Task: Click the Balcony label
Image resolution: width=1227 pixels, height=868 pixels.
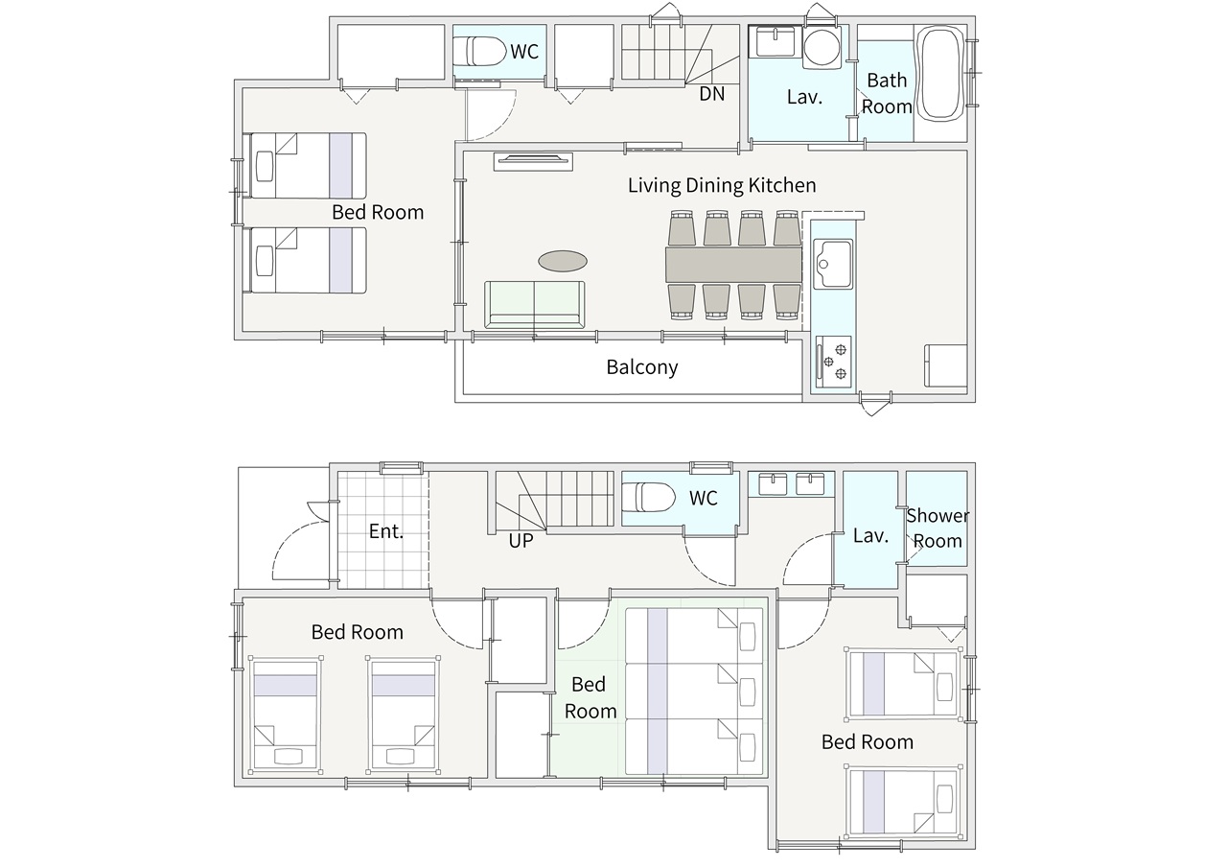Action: [642, 367]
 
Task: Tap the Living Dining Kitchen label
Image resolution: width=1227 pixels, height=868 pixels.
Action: [722, 185]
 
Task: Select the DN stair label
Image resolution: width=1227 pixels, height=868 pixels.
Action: [711, 94]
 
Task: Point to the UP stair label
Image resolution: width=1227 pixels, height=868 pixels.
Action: [521, 541]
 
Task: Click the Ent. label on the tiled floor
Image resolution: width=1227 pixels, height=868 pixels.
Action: [386, 531]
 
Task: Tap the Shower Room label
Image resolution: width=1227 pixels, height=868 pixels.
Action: [938, 528]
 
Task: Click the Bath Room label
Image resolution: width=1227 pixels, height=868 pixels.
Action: [887, 93]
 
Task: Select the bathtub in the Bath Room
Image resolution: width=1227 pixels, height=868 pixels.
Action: [942, 73]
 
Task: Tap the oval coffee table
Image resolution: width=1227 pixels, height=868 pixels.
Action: [563, 261]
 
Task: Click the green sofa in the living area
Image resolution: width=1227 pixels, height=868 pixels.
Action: [535, 305]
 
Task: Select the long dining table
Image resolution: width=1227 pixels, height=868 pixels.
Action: [734, 266]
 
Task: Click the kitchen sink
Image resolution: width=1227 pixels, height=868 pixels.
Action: [833, 264]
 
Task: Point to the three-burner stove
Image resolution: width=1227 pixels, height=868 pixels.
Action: [834, 362]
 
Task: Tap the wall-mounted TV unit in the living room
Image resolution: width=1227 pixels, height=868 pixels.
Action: [533, 162]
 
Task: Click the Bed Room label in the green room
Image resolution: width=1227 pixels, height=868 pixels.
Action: [590, 697]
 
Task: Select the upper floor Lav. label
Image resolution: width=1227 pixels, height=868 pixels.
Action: [804, 97]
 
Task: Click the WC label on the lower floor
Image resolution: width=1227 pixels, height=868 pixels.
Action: [704, 498]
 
